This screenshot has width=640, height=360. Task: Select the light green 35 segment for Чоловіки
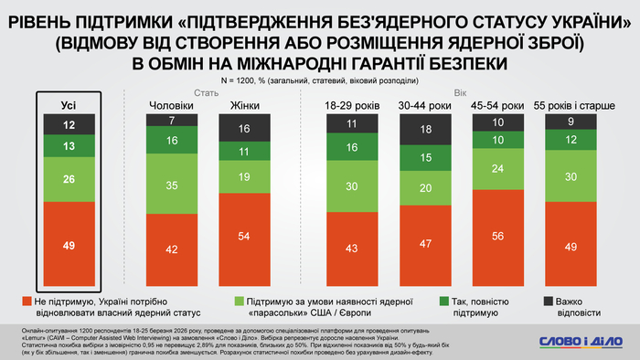tap(171, 184)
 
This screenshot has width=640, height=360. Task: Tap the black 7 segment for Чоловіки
tap(171, 121)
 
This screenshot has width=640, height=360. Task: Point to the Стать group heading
tap(205, 91)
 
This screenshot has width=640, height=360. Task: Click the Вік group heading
tap(460, 91)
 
